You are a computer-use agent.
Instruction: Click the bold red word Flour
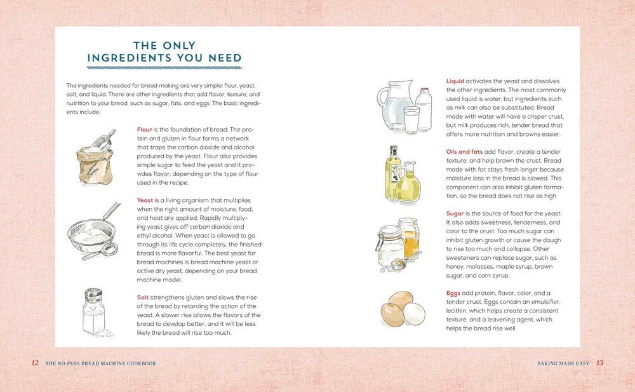click(144, 130)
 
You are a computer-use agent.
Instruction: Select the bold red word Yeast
click(145, 200)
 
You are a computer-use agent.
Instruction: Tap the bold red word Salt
click(143, 297)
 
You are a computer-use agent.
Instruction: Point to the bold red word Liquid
click(455, 81)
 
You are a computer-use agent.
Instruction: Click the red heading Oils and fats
click(464, 152)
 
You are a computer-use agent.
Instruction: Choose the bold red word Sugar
click(455, 214)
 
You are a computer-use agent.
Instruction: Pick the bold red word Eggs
click(453, 293)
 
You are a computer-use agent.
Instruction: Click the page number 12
click(35, 363)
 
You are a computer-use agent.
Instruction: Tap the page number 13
click(599, 363)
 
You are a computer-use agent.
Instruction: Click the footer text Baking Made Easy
click(563, 363)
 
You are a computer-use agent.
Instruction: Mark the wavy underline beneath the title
click(164, 67)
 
